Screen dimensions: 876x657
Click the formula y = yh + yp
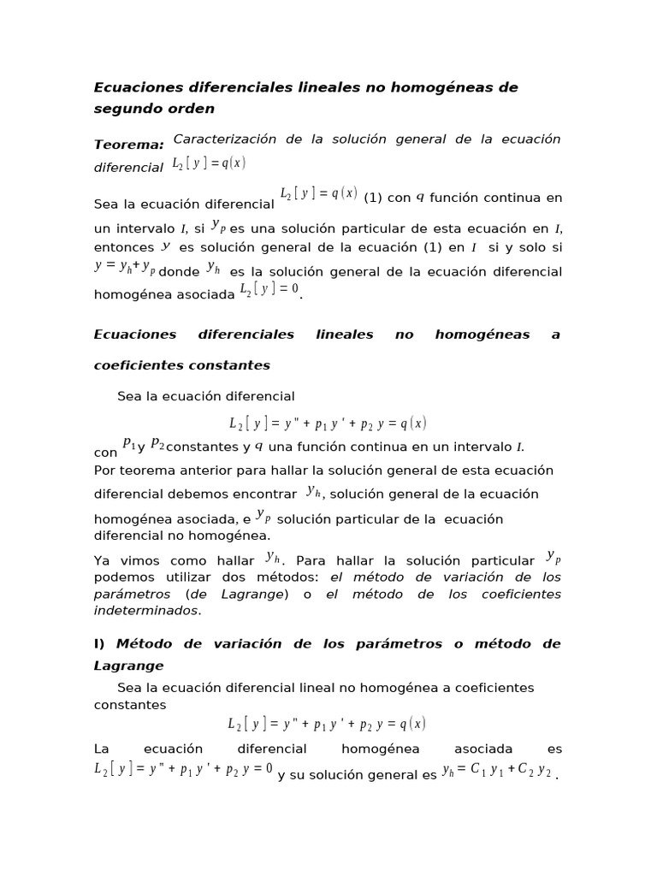coord(125,267)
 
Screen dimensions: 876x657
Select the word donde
coord(179,271)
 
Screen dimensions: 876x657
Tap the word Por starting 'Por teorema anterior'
coord(104,471)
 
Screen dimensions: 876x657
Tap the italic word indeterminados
coord(145,611)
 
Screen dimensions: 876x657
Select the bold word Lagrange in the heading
coord(128,666)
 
